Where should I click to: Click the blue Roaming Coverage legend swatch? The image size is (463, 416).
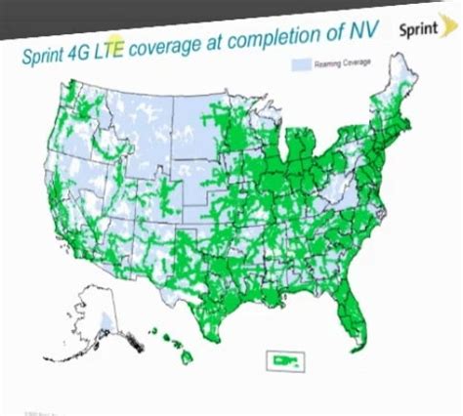(300, 63)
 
